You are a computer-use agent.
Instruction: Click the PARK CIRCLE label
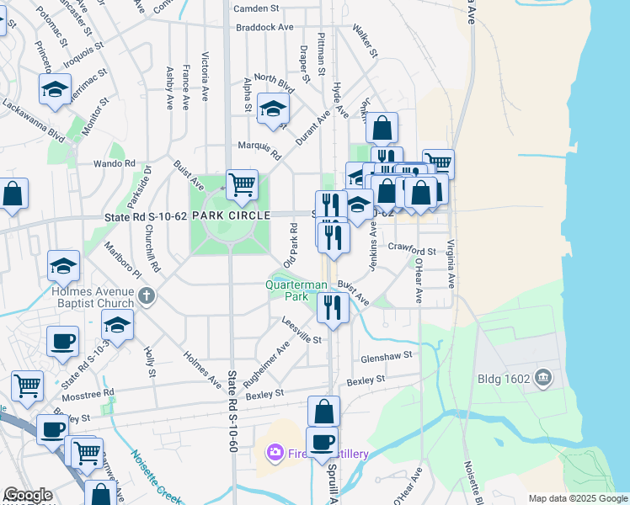click(x=231, y=215)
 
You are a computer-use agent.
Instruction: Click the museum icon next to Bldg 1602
click(x=543, y=378)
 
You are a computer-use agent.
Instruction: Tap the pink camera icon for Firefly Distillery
click(x=275, y=454)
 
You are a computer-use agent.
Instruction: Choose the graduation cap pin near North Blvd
click(x=273, y=109)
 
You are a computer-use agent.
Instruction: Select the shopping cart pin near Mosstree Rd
click(x=27, y=386)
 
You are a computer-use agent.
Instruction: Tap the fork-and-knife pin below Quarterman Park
click(x=333, y=307)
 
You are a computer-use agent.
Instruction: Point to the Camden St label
click(x=256, y=8)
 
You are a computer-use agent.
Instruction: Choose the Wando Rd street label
click(x=114, y=163)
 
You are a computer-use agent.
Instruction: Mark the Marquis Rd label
click(x=259, y=148)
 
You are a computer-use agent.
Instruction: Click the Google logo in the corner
click(x=27, y=495)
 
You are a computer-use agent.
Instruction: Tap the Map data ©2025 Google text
click(x=578, y=498)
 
